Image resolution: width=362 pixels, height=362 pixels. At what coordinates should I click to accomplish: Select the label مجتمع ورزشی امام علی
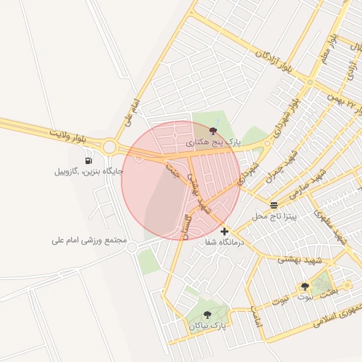88,240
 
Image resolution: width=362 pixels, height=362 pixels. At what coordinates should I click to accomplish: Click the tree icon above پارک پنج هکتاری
214,130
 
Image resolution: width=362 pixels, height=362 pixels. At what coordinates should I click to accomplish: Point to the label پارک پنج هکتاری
214,142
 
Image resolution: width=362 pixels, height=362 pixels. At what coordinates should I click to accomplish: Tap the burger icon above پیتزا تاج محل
274,204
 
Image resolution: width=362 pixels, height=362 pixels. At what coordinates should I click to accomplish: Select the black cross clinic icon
225,231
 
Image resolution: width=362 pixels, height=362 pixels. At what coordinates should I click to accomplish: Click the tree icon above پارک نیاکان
207,315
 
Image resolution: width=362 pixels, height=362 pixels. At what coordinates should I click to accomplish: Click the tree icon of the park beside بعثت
305,286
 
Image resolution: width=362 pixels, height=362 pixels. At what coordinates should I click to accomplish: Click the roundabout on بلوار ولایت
109,147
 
